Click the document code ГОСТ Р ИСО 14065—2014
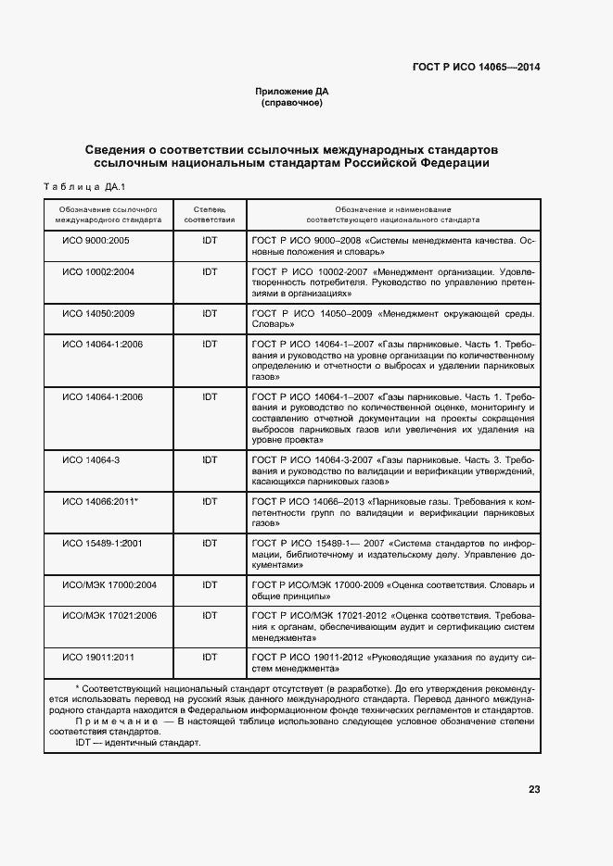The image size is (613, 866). pyautogui.click(x=476, y=68)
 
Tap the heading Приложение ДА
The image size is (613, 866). pyautogui.click(x=292, y=92)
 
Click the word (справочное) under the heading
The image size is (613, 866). pyautogui.click(x=292, y=103)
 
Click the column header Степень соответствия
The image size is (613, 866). pyautogui.click(x=210, y=216)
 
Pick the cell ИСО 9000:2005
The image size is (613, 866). pyautogui.click(x=96, y=241)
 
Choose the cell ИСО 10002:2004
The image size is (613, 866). pyautogui.click(x=98, y=271)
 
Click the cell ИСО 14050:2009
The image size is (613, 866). pyautogui.click(x=98, y=313)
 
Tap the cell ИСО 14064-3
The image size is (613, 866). pyautogui.click(x=91, y=459)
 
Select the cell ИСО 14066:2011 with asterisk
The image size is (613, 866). pyautogui.click(x=100, y=501)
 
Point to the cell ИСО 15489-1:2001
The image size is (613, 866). pyautogui.click(x=101, y=543)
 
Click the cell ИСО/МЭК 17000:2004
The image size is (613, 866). pyautogui.click(x=109, y=584)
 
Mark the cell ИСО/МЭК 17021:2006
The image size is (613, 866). pyautogui.click(x=109, y=615)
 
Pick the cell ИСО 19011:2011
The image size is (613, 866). pyautogui.click(x=98, y=657)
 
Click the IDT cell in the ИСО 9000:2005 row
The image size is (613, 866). pyautogui.click(x=210, y=241)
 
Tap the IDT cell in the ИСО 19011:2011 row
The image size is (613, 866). pyautogui.click(x=210, y=657)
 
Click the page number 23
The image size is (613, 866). pyautogui.click(x=533, y=789)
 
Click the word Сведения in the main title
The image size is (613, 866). pyautogui.click(x=121, y=149)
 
